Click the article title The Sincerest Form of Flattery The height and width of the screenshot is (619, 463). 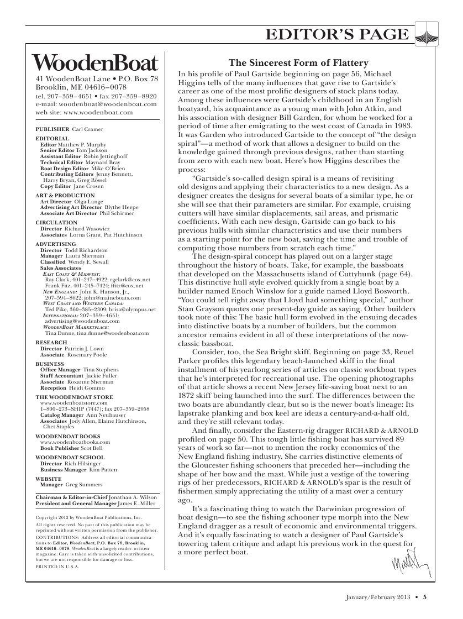(x=298, y=63)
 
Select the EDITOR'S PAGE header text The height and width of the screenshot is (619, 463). (x=337, y=35)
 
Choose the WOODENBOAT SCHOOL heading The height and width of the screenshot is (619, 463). (x=69, y=458)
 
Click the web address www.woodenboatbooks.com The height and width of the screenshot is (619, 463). (x=75, y=442)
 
